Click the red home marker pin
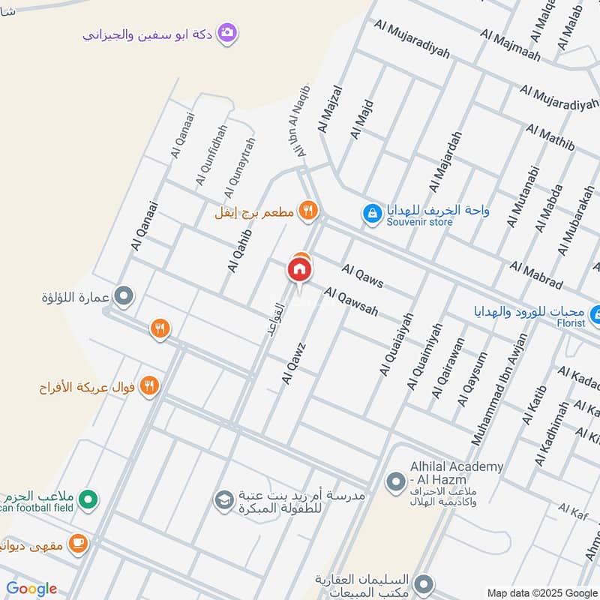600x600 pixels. pyautogui.click(x=299, y=269)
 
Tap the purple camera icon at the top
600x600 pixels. pyautogui.click(x=227, y=34)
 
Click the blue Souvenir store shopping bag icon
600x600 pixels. pyautogui.click(x=371, y=214)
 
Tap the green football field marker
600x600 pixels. pyautogui.click(x=88, y=497)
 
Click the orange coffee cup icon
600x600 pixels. pyautogui.click(x=77, y=543)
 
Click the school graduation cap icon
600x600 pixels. pyautogui.click(x=223, y=499)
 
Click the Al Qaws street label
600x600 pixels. pyautogui.click(x=362, y=275)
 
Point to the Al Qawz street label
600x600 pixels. pyautogui.click(x=294, y=364)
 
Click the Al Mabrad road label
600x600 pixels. pyautogui.click(x=535, y=275)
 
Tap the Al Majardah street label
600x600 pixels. pyautogui.click(x=445, y=161)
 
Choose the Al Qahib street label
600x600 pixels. pyautogui.click(x=239, y=250)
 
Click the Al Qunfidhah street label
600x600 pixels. pyautogui.click(x=209, y=155)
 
